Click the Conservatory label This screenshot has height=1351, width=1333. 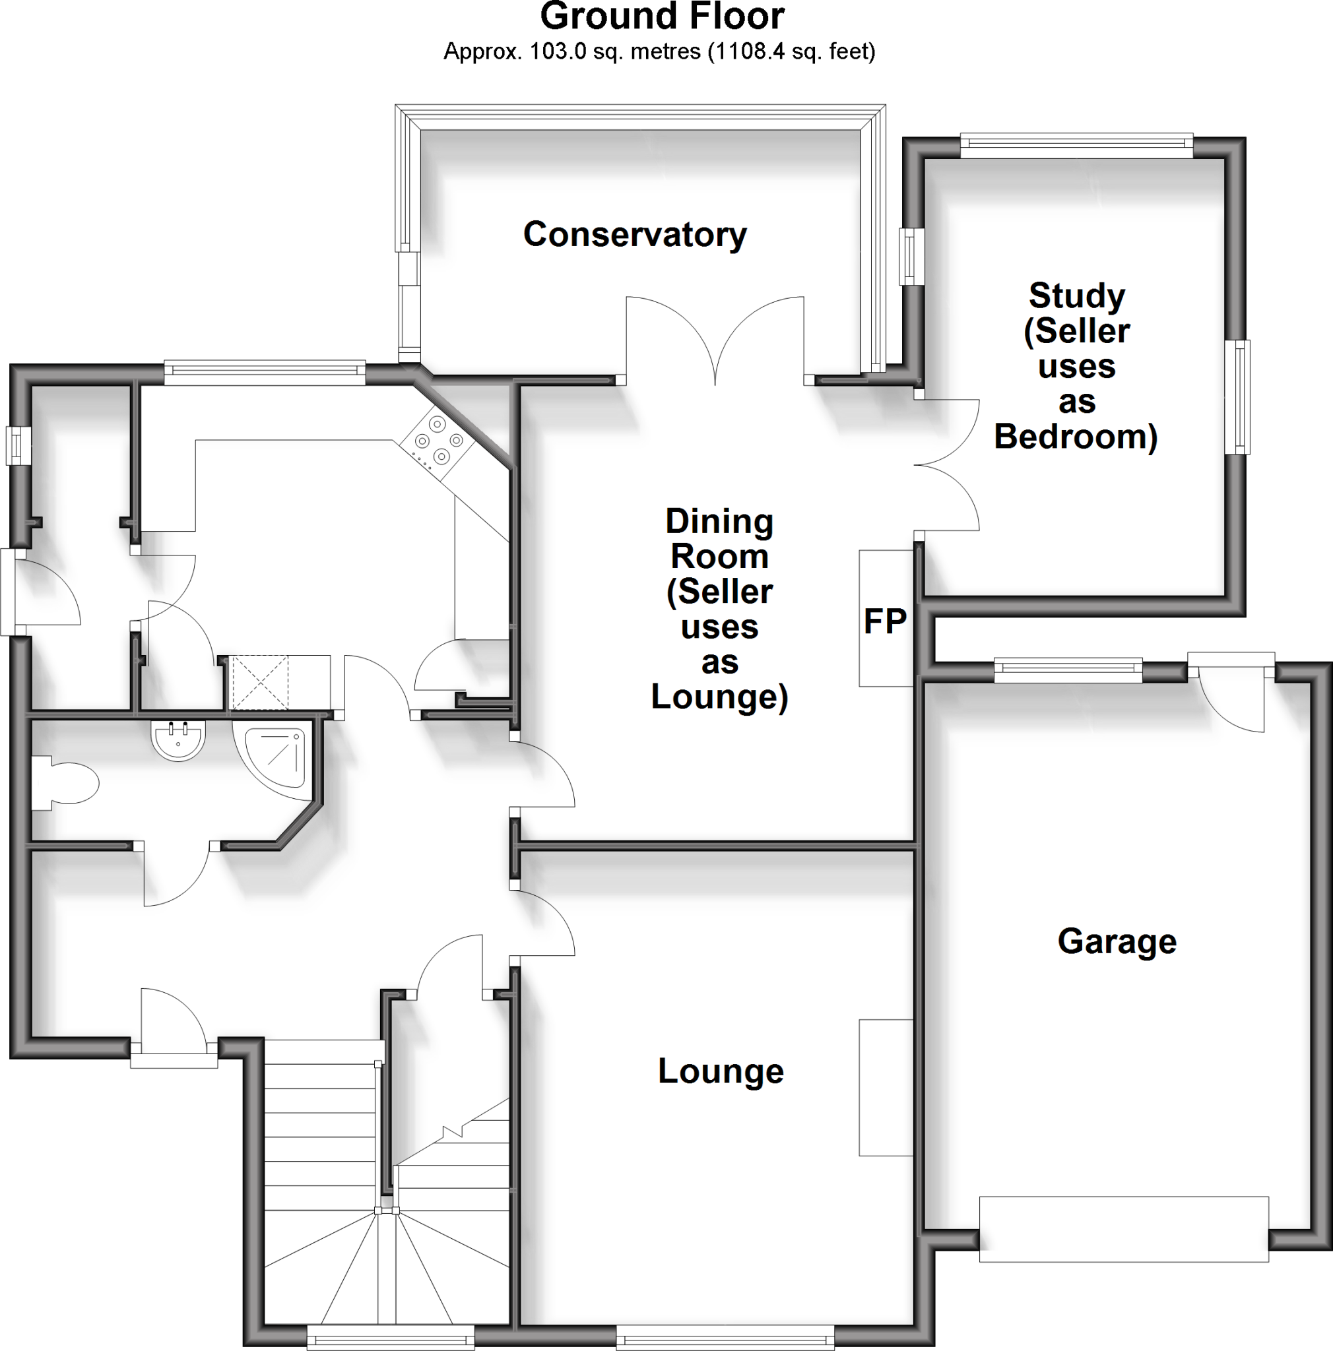coord(634,234)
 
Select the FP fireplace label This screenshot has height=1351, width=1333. coord(885,621)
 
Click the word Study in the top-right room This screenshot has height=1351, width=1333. coord(1076,296)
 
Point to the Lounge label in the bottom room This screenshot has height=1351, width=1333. coord(721,1071)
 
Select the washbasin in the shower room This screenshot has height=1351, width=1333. coord(178,741)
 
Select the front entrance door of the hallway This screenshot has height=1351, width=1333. coord(174,1022)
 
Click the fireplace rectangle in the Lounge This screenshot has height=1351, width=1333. coord(886,1087)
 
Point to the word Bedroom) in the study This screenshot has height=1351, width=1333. coord(1076,437)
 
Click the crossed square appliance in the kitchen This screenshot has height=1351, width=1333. coord(259,682)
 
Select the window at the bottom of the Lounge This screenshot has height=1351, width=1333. coord(725,1338)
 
